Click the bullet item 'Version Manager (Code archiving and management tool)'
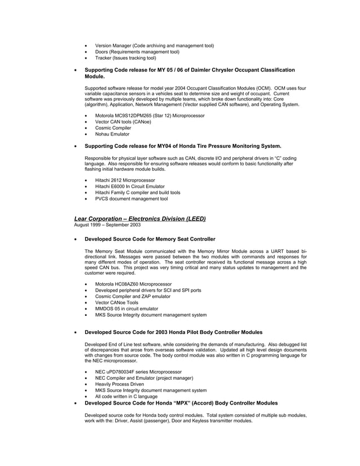[x=154, y=45]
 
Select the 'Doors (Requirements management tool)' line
[x=137, y=51]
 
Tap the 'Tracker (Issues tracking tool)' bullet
[x=125, y=58]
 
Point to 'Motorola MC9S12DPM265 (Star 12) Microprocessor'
[x=150, y=116]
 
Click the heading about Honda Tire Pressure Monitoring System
[x=182, y=146]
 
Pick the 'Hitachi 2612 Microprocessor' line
[x=125, y=180]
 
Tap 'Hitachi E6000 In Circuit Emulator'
[x=130, y=186]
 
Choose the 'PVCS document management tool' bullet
[x=131, y=199]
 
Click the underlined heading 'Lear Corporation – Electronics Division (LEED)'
[x=140, y=218]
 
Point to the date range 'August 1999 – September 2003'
[x=107, y=225]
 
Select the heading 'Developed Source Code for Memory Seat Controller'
[x=150, y=239]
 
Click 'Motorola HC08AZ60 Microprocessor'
[x=134, y=284]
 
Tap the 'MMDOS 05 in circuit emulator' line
[x=126, y=309]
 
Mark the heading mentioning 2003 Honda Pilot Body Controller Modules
[x=173, y=332]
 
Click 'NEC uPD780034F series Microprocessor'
[x=138, y=372]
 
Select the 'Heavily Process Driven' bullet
[x=120, y=384]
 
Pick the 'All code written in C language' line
[x=126, y=397]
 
